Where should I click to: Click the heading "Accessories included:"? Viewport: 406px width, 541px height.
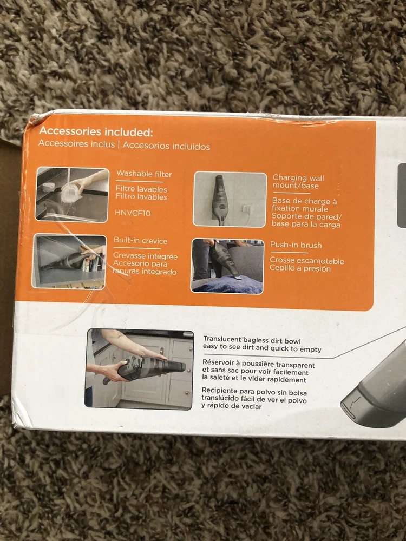(x=96, y=132)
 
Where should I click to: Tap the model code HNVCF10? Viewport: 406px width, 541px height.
(x=133, y=213)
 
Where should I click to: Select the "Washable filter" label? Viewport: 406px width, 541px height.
(x=144, y=174)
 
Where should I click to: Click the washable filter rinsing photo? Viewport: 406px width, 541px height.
(x=72, y=195)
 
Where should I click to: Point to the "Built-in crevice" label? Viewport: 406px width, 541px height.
(x=141, y=241)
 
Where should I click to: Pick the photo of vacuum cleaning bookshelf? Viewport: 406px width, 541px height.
(x=69, y=261)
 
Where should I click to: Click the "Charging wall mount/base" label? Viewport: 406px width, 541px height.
(x=298, y=182)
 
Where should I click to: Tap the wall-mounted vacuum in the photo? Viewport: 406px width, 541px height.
(x=219, y=200)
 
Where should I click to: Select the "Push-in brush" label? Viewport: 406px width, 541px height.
(x=296, y=245)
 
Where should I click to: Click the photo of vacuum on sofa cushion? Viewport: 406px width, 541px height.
(x=227, y=266)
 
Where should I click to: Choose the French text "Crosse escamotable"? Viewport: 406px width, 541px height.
(x=307, y=261)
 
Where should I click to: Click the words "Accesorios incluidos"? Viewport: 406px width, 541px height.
(x=166, y=146)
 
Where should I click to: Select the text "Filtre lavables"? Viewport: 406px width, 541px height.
(x=141, y=189)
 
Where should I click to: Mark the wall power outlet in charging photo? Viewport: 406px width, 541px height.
(x=247, y=208)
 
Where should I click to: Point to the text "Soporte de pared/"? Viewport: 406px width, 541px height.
(x=306, y=217)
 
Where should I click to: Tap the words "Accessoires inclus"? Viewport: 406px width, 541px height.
(x=76, y=143)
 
